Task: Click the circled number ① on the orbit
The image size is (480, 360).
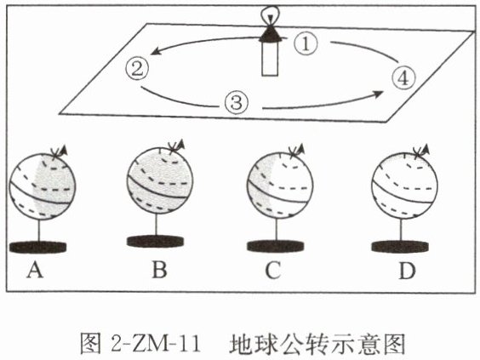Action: point(306,43)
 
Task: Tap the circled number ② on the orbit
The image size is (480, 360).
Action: point(137,68)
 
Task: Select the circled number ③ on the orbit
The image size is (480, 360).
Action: point(236,102)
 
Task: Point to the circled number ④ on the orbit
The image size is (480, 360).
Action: point(404,78)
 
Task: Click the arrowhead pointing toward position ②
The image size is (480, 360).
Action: point(156,51)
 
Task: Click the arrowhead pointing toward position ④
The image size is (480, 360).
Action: point(379,94)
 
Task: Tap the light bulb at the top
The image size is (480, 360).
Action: point(270,14)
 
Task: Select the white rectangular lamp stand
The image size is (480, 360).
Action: point(270,59)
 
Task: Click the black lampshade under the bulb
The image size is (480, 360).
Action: point(270,33)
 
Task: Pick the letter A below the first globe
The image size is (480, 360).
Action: point(35,271)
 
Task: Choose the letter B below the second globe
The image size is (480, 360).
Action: point(159,270)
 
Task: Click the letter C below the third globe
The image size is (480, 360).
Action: point(273,271)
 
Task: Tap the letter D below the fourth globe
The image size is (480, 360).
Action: point(407,271)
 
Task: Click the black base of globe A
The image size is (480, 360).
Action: point(38,247)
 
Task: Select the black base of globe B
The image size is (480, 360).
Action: point(155,241)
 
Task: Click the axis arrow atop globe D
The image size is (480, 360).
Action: point(422,151)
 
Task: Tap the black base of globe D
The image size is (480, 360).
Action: point(400,247)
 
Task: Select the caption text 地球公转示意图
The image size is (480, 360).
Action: point(317,344)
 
